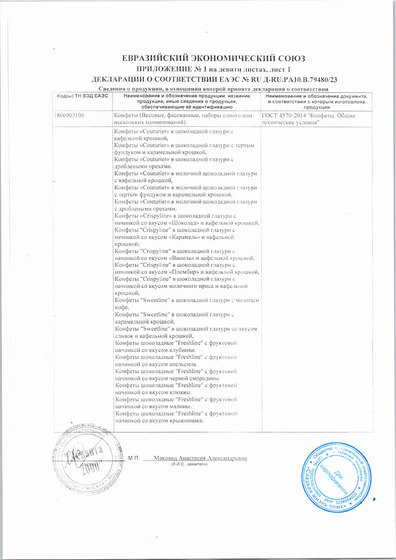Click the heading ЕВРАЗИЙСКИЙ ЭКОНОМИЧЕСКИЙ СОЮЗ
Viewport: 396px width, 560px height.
pyautogui.click(x=214, y=58)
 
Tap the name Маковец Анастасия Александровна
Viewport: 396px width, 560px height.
pyautogui.click(x=200, y=458)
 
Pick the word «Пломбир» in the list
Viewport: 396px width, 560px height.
pyautogui.click(x=184, y=272)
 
